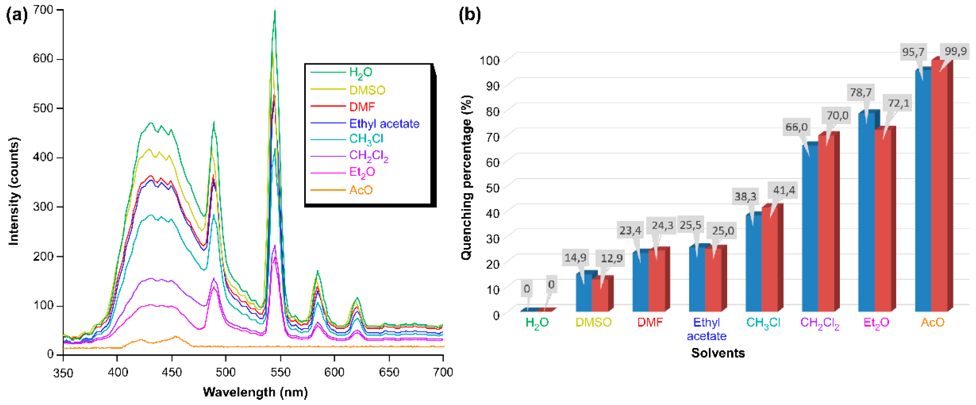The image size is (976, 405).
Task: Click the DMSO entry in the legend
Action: point(367,90)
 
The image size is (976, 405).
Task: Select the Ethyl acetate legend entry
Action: point(384,124)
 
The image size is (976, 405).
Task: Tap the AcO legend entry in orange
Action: point(361,190)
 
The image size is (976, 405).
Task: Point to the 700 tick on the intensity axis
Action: point(43,10)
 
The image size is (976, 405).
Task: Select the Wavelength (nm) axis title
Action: point(255,392)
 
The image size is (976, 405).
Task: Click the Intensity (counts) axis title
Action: point(14,191)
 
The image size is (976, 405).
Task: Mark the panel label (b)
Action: point(469,15)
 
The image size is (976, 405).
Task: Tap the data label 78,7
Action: point(860,92)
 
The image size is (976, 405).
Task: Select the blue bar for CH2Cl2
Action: point(810,227)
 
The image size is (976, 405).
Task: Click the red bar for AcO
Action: point(939,190)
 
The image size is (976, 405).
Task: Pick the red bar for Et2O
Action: point(883,220)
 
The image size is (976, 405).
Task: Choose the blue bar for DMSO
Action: point(583,292)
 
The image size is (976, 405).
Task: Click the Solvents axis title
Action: point(717,353)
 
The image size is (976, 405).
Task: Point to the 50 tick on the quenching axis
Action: point(493,188)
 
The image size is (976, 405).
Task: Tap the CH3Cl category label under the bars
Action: point(763,322)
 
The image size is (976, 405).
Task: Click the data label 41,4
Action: point(783,190)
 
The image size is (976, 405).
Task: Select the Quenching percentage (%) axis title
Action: point(467,177)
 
